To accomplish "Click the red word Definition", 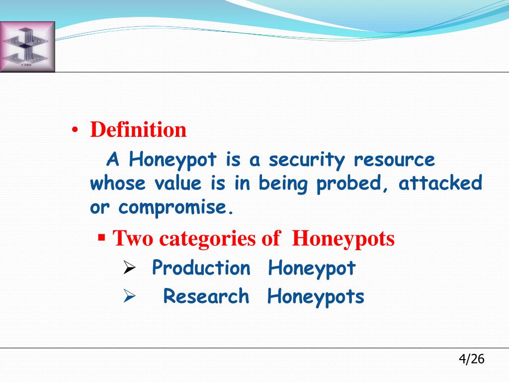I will (x=138, y=130).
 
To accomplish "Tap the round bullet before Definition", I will (x=75, y=131).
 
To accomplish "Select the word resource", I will (x=394, y=160).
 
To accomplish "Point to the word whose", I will (x=118, y=184).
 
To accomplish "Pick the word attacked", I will (x=440, y=184).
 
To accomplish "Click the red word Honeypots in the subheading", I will (x=343, y=239).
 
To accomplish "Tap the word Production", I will (x=201, y=268).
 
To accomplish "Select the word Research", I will (x=206, y=296).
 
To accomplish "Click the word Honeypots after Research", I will (x=316, y=297).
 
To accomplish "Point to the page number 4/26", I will (x=471, y=359).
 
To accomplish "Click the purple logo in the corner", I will (x=27, y=47).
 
